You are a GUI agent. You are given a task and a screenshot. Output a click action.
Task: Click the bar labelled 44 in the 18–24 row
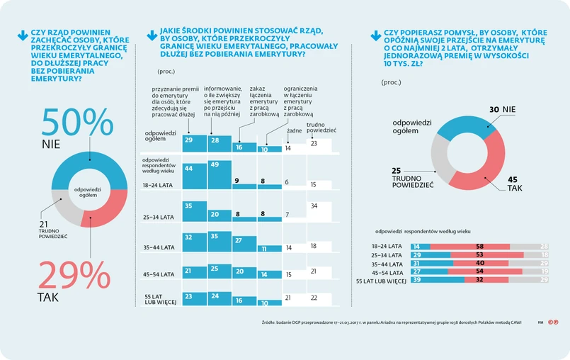[195, 176]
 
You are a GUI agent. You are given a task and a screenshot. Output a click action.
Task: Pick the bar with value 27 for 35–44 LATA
[244, 244]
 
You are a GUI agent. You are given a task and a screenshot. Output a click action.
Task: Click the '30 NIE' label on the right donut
[503, 110]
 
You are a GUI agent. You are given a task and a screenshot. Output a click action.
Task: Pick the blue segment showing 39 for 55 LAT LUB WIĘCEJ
[428, 280]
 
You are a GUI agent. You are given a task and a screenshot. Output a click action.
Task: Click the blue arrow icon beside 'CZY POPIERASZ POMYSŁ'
[375, 33]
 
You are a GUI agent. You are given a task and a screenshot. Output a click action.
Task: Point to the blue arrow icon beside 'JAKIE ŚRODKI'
[150, 33]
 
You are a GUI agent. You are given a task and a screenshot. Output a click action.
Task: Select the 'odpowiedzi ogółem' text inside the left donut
[89, 192]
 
